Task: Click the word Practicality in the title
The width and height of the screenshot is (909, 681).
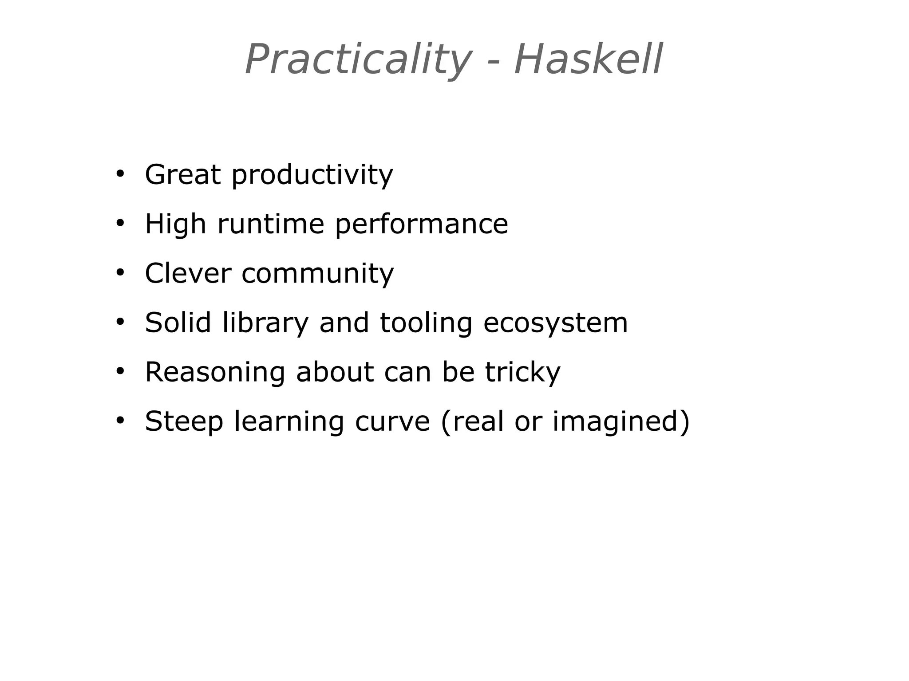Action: (x=357, y=60)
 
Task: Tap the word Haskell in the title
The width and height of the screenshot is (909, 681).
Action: (x=588, y=59)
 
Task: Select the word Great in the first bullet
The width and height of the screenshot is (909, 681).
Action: (x=182, y=174)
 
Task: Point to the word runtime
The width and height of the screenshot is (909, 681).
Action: (x=270, y=224)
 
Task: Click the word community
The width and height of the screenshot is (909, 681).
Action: (x=317, y=274)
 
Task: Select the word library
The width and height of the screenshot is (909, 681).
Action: (x=265, y=323)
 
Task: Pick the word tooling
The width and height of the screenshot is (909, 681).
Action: (x=426, y=323)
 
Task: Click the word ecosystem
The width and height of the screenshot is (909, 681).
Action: (x=555, y=323)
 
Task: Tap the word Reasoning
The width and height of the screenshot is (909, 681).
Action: (x=215, y=373)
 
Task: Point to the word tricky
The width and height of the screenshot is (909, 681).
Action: (x=522, y=373)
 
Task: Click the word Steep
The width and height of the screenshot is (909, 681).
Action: (x=184, y=422)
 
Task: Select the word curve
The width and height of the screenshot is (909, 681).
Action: (x=392, y=422)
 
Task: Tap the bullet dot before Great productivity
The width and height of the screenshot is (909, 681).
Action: (x=119, y=174)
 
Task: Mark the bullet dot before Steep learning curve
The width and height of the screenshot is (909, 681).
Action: (x=119, y=421)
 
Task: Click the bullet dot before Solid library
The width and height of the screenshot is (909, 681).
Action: (x=119, y=322)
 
